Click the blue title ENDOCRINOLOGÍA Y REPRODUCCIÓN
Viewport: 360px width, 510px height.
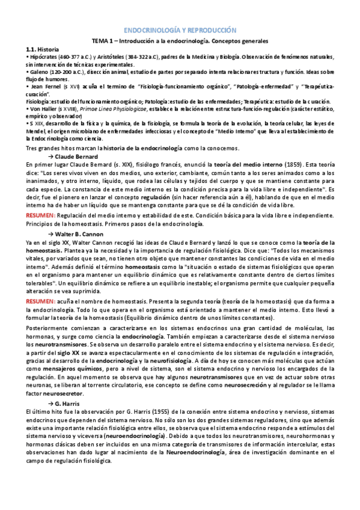(x=180, y=29)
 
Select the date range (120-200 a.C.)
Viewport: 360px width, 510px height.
(x=70, y=72)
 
